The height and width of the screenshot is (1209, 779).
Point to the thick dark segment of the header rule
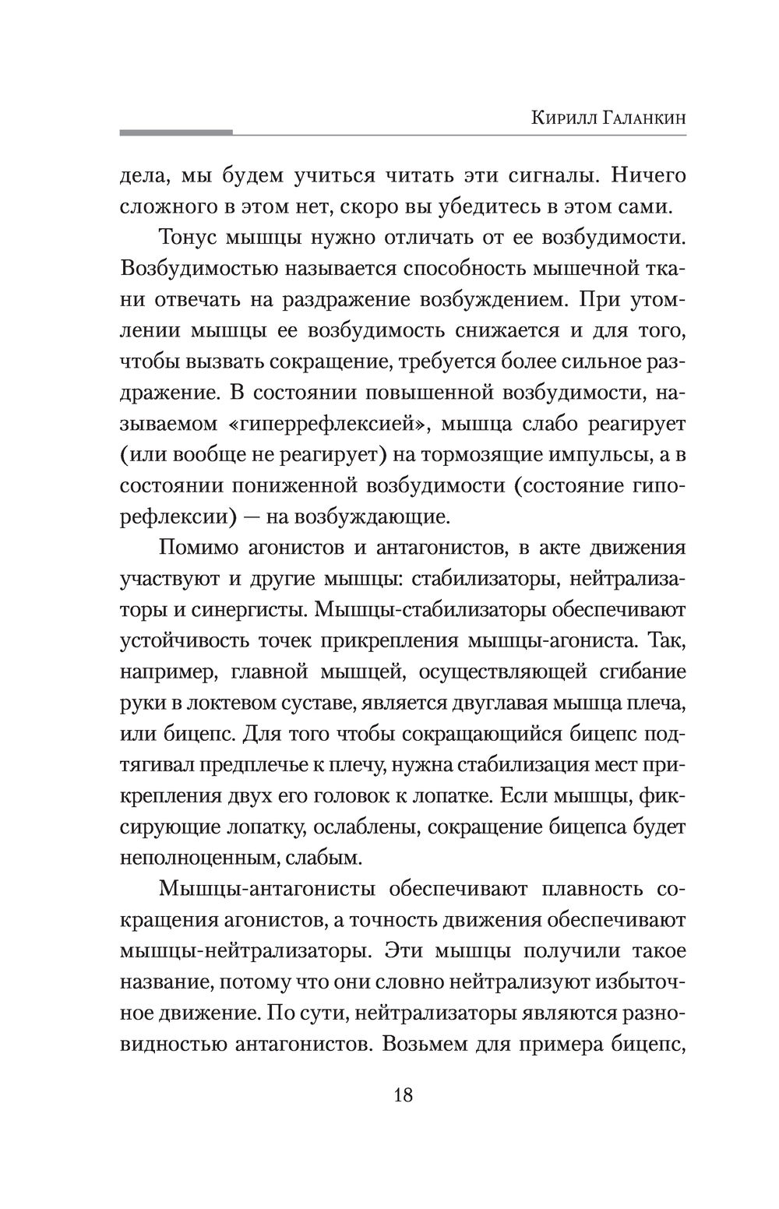click(x=176, y=133)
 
